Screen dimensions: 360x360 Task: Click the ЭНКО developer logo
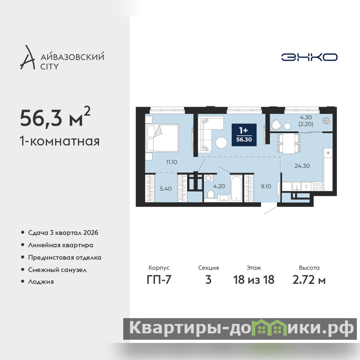[309, 57]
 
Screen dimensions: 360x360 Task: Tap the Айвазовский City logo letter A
[27, 58]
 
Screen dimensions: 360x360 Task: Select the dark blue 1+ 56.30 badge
[244, 135]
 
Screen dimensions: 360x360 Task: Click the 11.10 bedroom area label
[171, 162]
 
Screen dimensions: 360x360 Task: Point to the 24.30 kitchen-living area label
[302, 166]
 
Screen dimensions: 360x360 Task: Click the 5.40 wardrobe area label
[166, 189]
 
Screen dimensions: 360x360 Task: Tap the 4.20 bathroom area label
[219, 186]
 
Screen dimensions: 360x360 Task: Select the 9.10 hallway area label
[266, 186]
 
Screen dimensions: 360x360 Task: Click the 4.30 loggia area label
[306, 117]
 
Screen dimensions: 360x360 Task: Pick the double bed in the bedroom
[162, 138]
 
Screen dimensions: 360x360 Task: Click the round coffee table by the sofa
[221, 143]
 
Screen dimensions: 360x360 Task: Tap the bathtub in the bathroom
[236, 189]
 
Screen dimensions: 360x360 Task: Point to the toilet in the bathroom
[211, 194]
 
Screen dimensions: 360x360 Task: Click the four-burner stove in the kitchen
[318, 186]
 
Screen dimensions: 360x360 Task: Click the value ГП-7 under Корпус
[159, 279]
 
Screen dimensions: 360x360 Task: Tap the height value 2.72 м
[309, 279]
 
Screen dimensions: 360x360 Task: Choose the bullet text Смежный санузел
[58, 270]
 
